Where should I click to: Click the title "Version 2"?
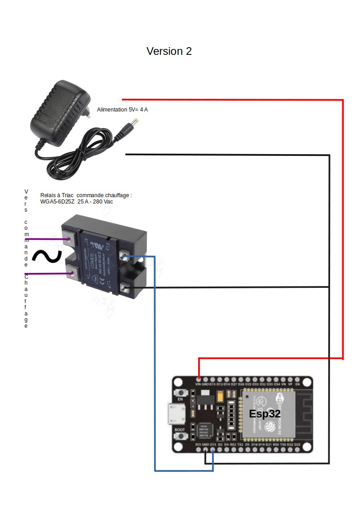tap(169, 51)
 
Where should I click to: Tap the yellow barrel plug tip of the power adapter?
tap(135, 122)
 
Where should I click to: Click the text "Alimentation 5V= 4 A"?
tap(122, 110)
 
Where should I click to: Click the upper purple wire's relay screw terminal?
tap(71, 238)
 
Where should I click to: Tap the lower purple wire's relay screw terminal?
tap(72, 273)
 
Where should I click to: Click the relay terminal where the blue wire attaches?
tap(125, 257)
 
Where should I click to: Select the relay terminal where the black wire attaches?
tap(125, 286)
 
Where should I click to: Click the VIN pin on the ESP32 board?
tap(199, 379)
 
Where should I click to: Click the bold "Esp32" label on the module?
tap(265, 414)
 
